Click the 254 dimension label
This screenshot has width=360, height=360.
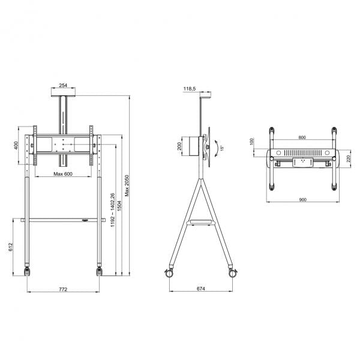tap(63, 86)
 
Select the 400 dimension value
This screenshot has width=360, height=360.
tap(17, 145)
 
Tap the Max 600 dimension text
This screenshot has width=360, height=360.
tap(62, 174)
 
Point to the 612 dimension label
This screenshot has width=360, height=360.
tap(11, 247)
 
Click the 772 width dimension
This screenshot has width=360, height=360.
tap(62, 289)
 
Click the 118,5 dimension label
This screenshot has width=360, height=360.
tap(189, 88)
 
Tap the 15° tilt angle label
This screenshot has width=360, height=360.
tap(221, 147)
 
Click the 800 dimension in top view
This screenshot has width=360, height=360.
tap(301, 137)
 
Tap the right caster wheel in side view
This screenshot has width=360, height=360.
tap(232, 273)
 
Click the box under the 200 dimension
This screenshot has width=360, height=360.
tap(193, 146)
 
